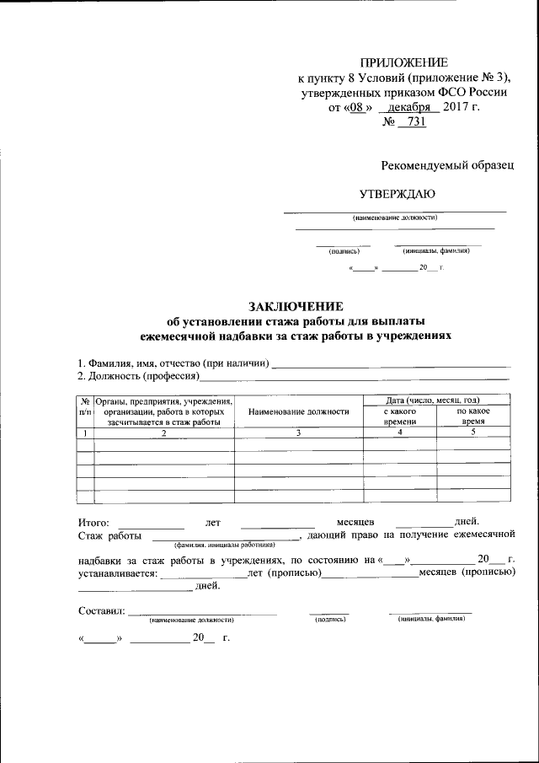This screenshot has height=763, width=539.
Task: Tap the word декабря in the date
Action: point(408,107)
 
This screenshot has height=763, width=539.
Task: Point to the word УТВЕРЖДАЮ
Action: point(398,193)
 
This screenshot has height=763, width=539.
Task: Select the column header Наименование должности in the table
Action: point(298,411)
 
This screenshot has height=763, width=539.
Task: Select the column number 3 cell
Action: point(298,433)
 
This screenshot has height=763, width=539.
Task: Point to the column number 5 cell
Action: point(472,433)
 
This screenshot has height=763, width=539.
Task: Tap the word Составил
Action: point(102,610)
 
